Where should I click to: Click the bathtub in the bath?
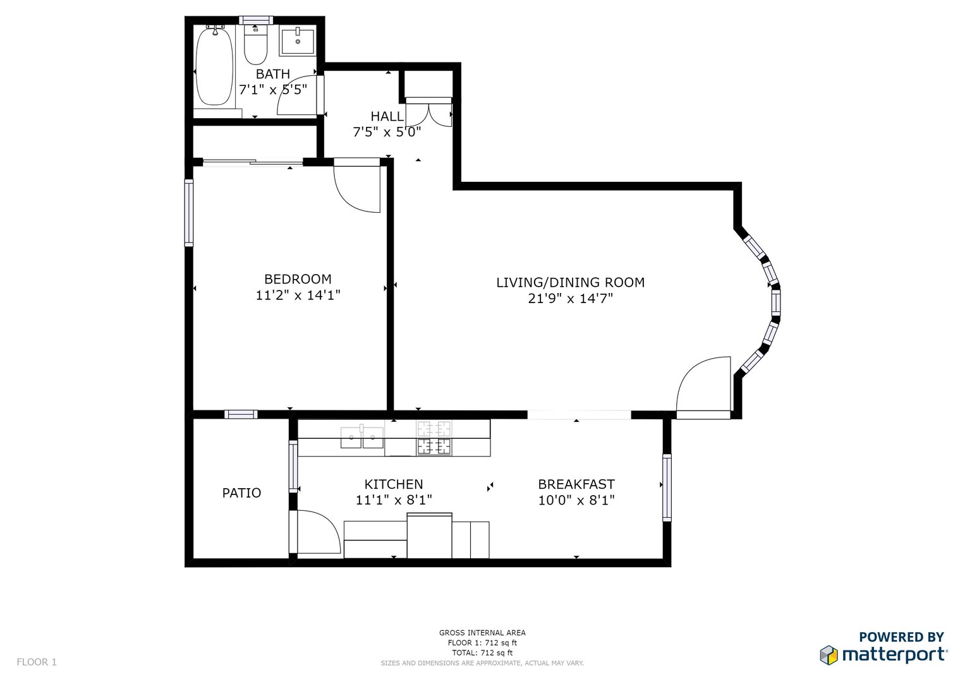(x=214, y=66)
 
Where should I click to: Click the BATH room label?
(x=273, y=74)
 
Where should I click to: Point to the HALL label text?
(x=387, y=116)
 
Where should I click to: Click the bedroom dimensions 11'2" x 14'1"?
(x=298, y=295)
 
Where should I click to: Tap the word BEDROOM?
(x=298, y=279)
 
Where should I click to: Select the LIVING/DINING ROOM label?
(x=571, y=282)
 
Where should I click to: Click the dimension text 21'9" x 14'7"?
(x=571, y=298)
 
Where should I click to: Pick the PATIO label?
(x=241, y=493)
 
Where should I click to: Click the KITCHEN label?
(x=394, y=484)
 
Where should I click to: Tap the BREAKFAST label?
(x=576, y=484)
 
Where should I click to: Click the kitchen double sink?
(x=362, y=438)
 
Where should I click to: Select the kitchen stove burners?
(x=434, y=438)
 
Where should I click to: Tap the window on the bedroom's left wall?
(x=189, y=213)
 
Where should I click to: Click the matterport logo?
(x=883, y=654)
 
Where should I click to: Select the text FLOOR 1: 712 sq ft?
(x=483, y=643)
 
